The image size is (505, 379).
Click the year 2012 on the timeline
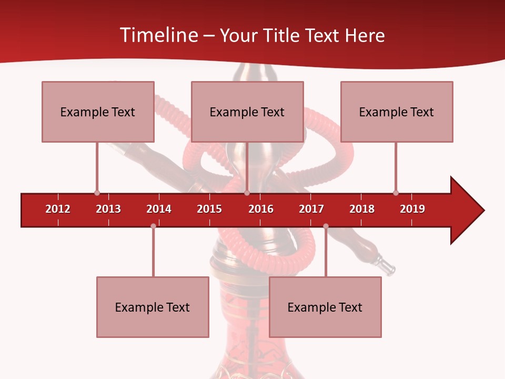(58, 209)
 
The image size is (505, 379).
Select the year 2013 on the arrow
(108, 209)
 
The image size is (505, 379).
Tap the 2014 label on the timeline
(159, 209)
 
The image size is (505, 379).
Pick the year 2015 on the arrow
(209, 209)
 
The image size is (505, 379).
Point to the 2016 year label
(261, 209)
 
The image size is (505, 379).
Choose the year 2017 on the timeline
(311, 209)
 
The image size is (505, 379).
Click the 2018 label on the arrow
(362, 209)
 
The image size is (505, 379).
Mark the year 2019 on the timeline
(412, 209)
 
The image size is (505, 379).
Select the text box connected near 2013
(98, 112)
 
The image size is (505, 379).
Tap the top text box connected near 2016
(247, 112)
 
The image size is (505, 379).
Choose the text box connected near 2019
(397, 112)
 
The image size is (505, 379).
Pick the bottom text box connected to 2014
(153, 307)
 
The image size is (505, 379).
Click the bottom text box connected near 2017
(325, 307)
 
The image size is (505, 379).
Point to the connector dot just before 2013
(97, 193)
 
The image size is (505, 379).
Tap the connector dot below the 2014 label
(153, 226)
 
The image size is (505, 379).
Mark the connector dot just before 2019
(396, 193)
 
